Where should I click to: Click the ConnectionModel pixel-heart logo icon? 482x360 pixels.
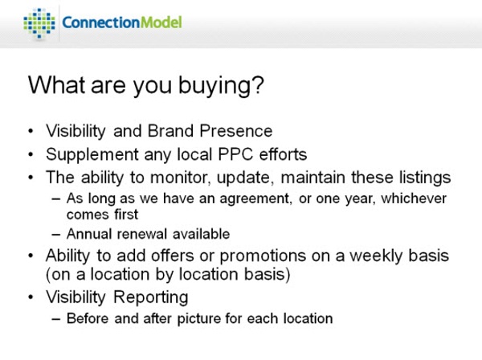[39, 23]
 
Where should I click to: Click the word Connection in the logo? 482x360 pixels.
[101, 22]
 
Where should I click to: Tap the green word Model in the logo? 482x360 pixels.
[161, 22]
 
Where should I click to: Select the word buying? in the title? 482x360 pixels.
[221, 86]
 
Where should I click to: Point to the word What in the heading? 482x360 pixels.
[56, 84]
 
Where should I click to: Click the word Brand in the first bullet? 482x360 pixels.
[170, 131]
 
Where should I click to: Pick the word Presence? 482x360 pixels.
[235, 131]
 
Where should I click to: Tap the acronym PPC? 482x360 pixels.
[235, 154]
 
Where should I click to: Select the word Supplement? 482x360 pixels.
[92, 155]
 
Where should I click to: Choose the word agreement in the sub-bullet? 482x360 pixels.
[255, 199]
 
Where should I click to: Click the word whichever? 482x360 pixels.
[414, 198]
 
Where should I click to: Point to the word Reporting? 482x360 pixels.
[151, 298]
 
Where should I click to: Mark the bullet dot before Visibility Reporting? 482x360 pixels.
[31, 297]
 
